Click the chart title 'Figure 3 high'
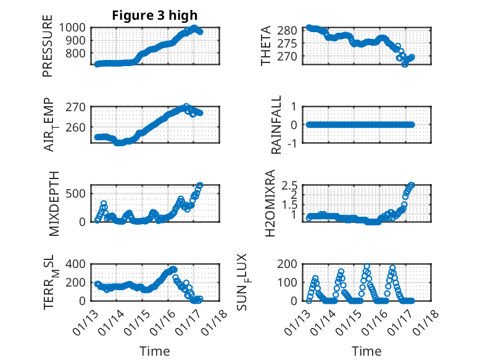154,15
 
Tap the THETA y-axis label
266,46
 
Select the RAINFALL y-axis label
277,125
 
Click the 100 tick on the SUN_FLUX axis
291,282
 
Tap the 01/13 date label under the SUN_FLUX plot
300,320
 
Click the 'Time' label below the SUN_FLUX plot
366,351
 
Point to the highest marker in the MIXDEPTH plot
200,185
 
